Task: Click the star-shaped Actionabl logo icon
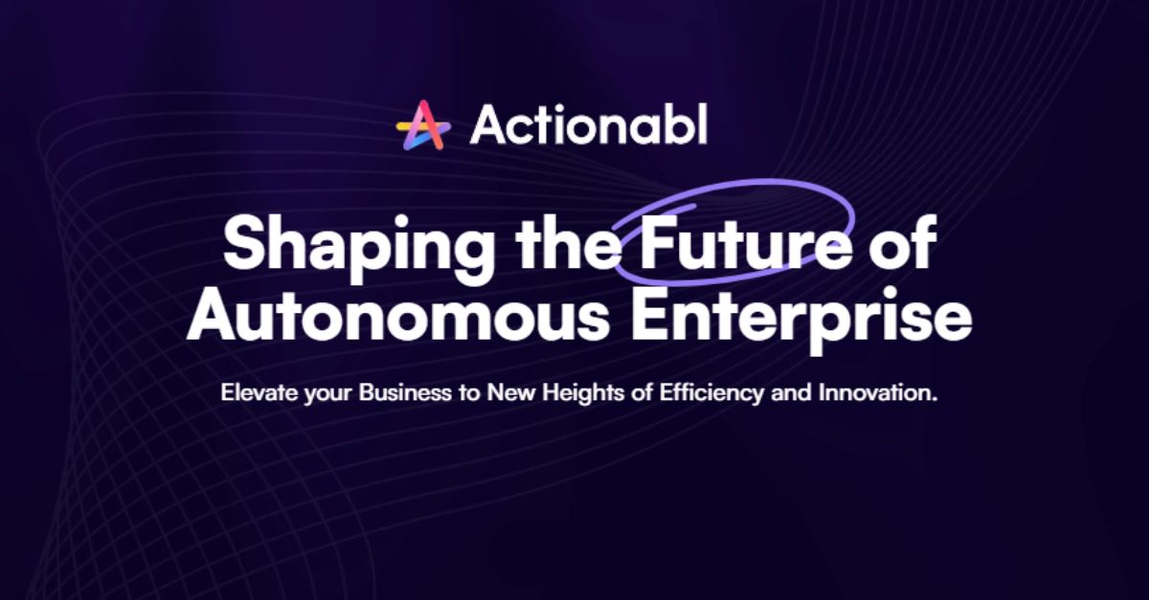coord(423,125)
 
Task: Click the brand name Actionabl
coord(588,124)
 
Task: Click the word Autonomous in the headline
coord(397,318)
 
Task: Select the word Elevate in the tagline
coord(253,393)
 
